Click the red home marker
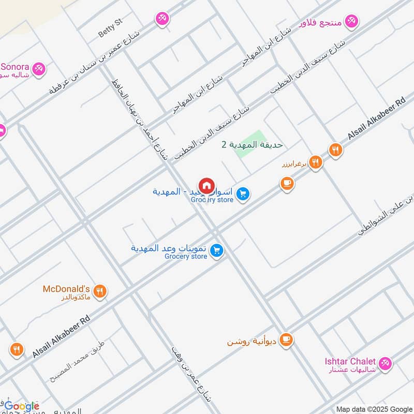click(206, 185)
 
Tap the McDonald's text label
click(66, 289)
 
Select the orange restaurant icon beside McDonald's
click(101, 291)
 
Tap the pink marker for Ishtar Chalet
click(385, 363)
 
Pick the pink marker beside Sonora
click(38, 68)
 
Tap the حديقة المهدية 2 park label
click(252, 145)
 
